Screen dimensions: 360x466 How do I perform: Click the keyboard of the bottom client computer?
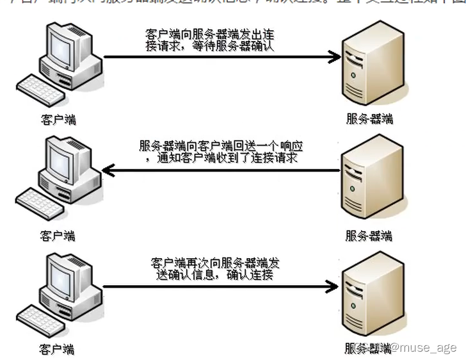(x=40, y=320)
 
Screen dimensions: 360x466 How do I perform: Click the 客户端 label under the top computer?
(x=57, y=119)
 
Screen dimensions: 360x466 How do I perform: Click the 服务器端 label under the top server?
(x=369, y=119)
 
